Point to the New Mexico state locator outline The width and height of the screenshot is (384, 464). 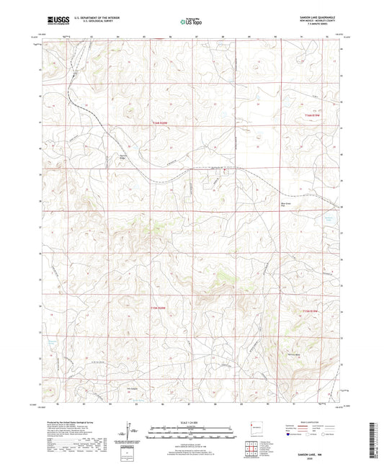pyautogui.click(x=252, y=427)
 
